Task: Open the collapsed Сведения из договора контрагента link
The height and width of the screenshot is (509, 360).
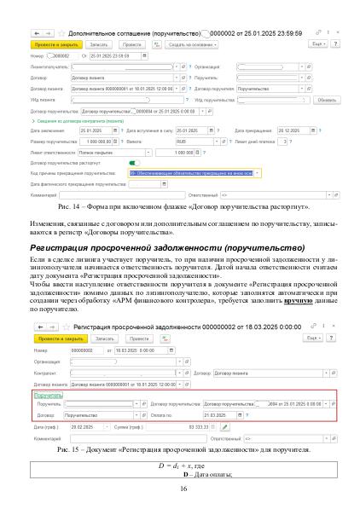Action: point(76,121)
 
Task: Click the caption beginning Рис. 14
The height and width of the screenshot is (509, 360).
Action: point(180,206)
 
